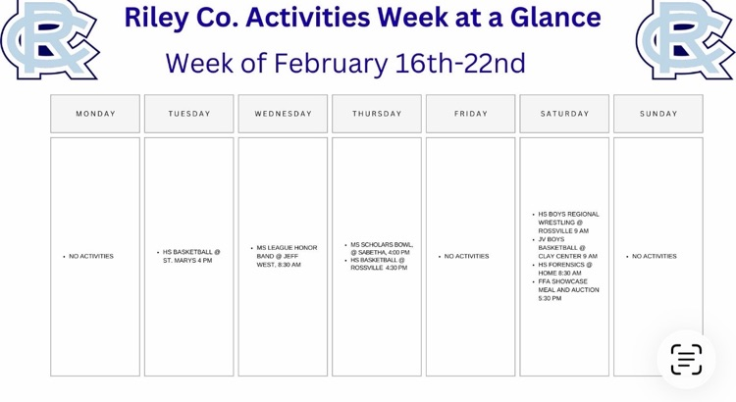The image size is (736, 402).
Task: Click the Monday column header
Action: point(95,114)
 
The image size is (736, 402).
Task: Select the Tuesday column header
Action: point(189,114)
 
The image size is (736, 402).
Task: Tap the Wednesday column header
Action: point(283,114)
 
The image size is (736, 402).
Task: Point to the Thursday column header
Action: point(377,114)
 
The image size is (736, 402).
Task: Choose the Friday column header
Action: point(470,114)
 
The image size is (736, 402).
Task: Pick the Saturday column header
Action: point(564,114)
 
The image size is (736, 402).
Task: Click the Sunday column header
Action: point(658,114)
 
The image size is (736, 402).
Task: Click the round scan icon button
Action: point(686,359)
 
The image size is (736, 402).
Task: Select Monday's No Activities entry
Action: point(91,257)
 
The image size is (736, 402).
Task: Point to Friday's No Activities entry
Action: point(466,257)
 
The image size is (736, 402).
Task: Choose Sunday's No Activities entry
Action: point(654,257)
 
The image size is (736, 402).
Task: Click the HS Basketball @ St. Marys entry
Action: point(190,256)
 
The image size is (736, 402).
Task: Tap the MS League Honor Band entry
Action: point(286,256)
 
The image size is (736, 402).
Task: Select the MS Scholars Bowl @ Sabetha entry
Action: point(381,248)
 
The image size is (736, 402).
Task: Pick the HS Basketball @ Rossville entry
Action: point(378,264)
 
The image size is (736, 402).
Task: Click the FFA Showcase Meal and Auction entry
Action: point(567,290)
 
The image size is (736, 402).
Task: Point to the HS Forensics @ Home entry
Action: point(564,269)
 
